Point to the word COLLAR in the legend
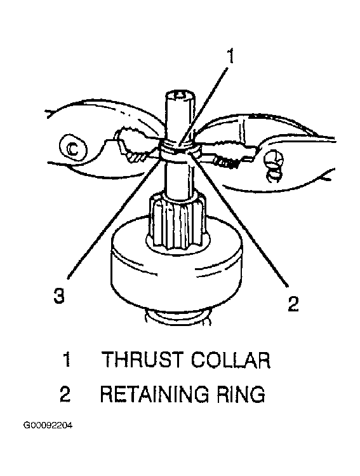[230, 360]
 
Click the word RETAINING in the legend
[154, 394]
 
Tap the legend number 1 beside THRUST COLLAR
[67, 360]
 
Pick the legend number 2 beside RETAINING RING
[65, 394]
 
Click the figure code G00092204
[48, 426]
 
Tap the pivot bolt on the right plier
[274, 160]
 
